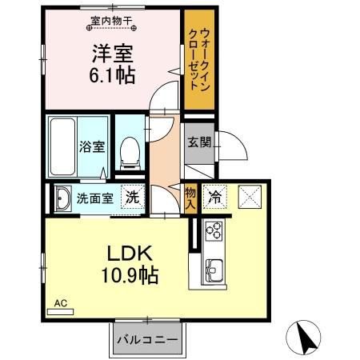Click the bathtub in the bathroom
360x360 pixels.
[62, 146]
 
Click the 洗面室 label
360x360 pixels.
[94, 198]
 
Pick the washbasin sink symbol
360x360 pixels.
[62, 198]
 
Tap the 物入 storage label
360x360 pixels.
[190, 197]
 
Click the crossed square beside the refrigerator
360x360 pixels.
[250, 196]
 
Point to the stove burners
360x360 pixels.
[214, 231]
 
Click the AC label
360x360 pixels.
[60, 303]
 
